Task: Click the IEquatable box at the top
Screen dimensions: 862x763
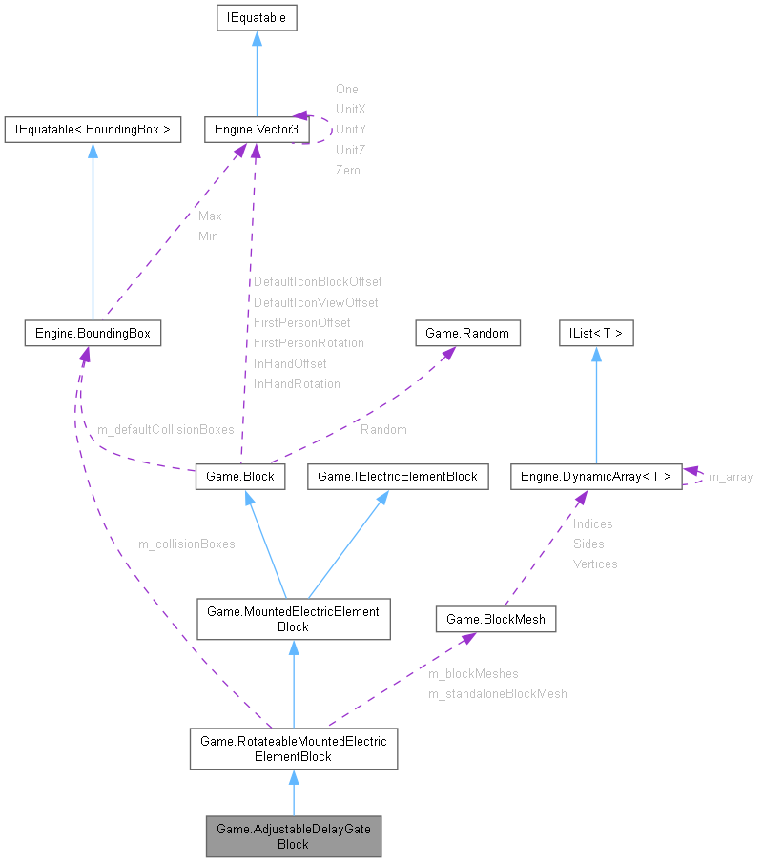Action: point(258,17)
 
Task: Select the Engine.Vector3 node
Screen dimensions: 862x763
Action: point(252,130)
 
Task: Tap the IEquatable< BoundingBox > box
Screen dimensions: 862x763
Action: point(93,130)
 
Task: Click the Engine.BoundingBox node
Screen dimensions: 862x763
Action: point(93,333)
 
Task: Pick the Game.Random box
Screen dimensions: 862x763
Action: point(468,333)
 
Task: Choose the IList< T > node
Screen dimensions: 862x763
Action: point(596,333)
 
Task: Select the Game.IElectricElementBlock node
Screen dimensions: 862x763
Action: point(398,476)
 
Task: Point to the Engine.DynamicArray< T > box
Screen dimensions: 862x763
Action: point(596,476)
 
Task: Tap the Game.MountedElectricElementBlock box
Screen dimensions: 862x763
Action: point(293,619)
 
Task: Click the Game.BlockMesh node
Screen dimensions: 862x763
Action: point(496,619)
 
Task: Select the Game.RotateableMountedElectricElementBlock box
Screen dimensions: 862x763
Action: point(293,749)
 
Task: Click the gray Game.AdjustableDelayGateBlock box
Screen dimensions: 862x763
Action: point(293,836)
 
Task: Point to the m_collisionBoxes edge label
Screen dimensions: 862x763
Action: point(187,544)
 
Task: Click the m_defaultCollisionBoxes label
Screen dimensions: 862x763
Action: point(166,430)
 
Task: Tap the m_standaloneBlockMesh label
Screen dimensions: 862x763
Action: point(497,694)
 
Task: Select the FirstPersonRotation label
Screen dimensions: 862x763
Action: point(309,342)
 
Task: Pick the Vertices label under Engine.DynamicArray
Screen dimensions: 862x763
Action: point(595,564)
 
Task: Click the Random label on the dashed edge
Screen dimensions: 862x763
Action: point(383,430)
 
